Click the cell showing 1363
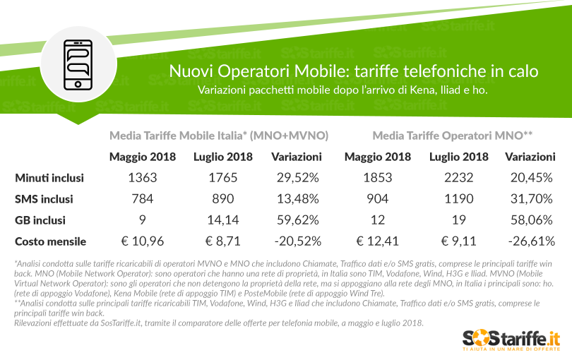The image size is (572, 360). pyautogui.click(x=143, y=179)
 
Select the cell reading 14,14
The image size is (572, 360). pyautogui.click(x=223, y=220)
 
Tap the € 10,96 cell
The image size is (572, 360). pyautogui.click(x=143, y=241)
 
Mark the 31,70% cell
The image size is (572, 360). pyautogui.click(x=530, y=200)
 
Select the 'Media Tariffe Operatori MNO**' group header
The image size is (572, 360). pyautogui.click(x=452, y=135)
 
